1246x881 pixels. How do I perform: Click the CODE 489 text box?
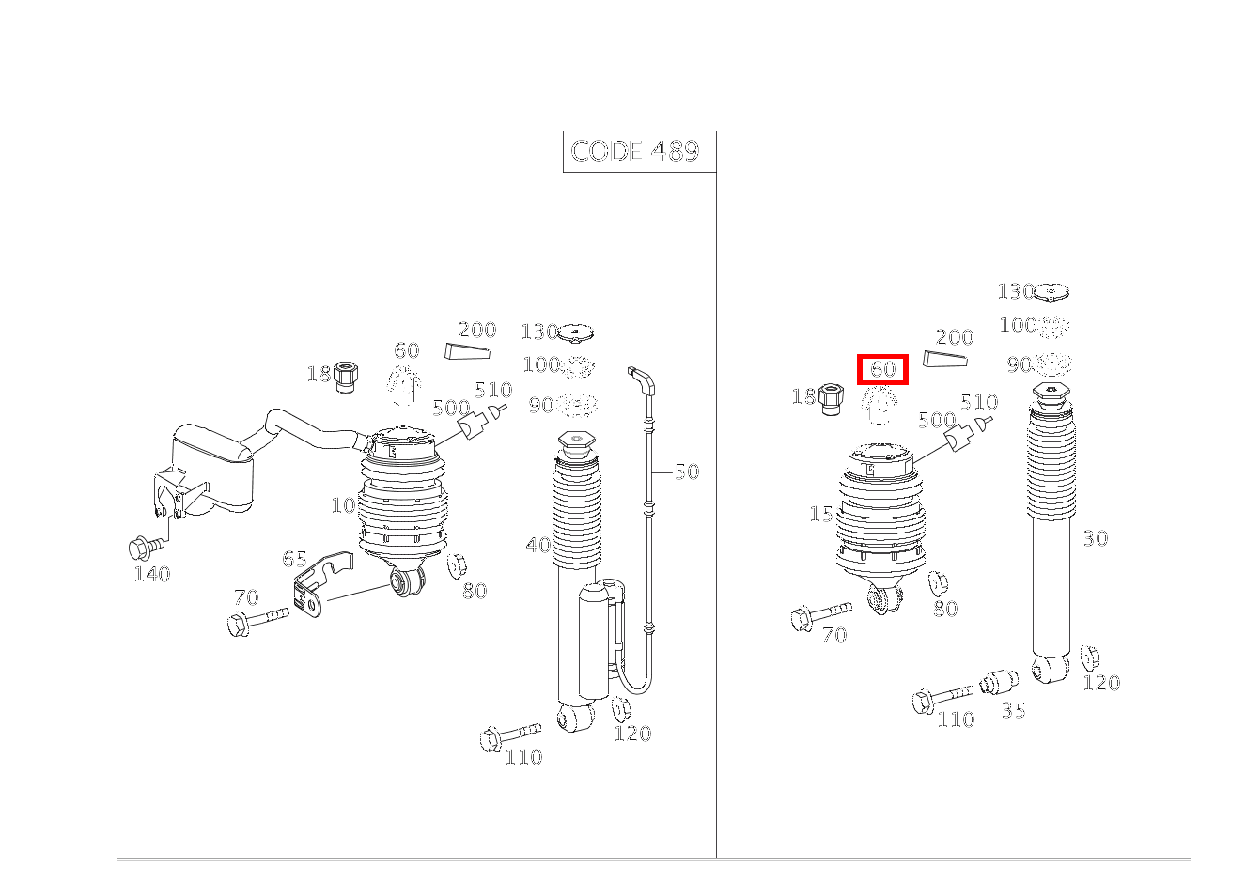click(636, 151)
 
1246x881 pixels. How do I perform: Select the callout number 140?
click(152, 574)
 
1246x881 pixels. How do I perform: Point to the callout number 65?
click(294, 560)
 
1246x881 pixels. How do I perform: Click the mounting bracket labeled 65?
click(317, 586)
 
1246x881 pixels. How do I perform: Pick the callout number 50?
click(687, 472)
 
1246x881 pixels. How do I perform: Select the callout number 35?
click(1013, 710)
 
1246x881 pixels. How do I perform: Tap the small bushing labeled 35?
click(999, 682)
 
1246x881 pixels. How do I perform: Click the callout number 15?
click(820, 515)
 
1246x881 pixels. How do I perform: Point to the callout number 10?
click(343, 505)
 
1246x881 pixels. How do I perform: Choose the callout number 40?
click(538, 545)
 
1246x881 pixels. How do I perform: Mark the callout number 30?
click(1095, 539)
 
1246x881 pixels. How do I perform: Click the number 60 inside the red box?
click(882, 370)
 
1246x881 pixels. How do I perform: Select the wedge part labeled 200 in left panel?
click(468, 352)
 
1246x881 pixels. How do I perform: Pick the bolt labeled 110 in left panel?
click(507, 735)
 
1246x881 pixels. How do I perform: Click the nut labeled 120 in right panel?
click(1089, 657)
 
